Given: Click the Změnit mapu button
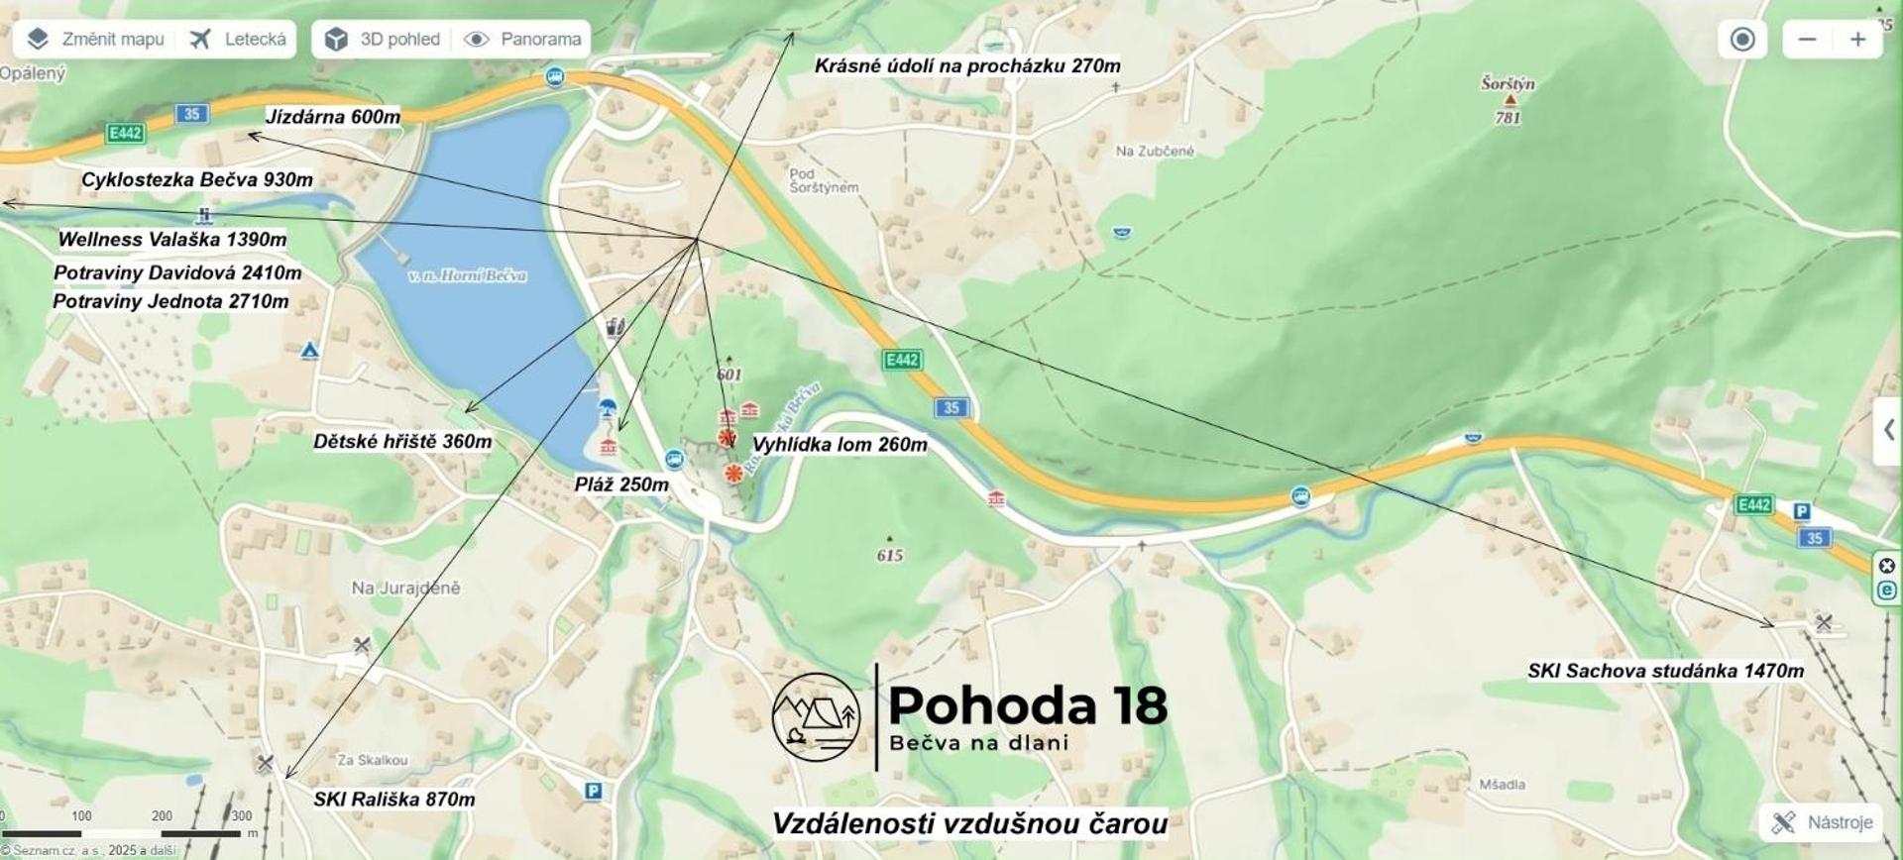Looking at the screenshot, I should coord(95,40).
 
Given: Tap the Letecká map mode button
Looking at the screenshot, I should coord(238,40).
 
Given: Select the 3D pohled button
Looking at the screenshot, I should coord(383,40).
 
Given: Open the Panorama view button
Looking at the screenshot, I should coord(522,40).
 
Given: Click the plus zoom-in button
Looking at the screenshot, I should coord(1857,40).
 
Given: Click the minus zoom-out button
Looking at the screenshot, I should coord(1807,40).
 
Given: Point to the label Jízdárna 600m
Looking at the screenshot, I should coord(333,117).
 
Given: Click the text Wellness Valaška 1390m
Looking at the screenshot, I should coord(172,240).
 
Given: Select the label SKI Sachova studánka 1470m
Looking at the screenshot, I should coord(1665,672).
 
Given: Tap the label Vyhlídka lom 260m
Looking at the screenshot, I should coord(840,445).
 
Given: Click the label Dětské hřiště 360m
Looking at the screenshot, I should coord(402,442).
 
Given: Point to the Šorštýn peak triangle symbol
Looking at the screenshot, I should coord(1510,100).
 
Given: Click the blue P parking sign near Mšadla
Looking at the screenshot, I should coord(593,791).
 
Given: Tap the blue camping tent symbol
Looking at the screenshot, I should coord(309,351).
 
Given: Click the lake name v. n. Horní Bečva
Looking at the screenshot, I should coord(467,275).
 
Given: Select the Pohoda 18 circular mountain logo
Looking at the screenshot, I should coord(816,717).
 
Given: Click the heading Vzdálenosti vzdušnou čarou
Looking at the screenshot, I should coord(969,824).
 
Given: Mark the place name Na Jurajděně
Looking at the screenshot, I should coord(405,589).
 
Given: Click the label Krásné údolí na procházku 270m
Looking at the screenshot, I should coord(967,66).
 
